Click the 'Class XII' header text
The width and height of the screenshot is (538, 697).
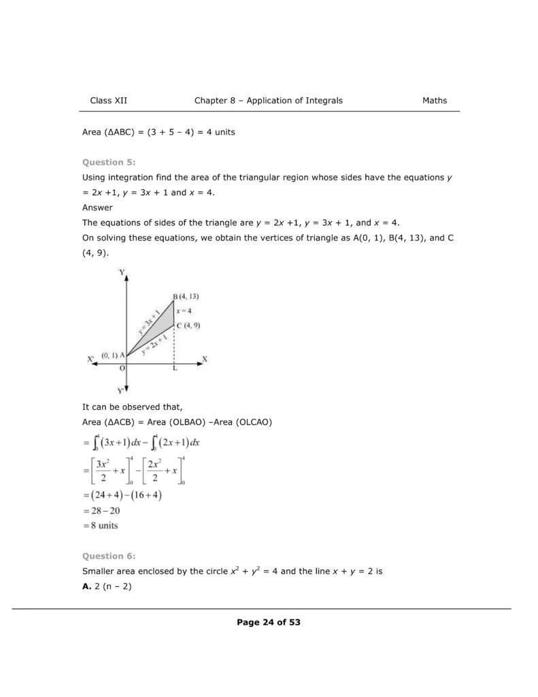click(x=109, y=101)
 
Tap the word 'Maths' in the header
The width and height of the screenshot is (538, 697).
click(x=435, y=101)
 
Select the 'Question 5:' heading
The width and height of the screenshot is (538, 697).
click(x=109, y=162)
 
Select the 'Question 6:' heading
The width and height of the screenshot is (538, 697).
click(x=109, y=556)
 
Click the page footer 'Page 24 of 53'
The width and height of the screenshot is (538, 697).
click(x=269, y=622)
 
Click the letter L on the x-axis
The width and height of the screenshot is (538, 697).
click(x=175, y=368)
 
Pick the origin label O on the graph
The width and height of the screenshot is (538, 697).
click(x=122, y=368)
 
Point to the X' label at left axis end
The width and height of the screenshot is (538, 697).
click(x=91, y=359)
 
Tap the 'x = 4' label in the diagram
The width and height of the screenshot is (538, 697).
click(x=184, y=310)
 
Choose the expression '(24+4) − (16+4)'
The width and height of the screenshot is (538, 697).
click(x=123, y=495)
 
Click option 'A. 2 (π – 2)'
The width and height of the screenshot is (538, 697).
click(x=107, y=585)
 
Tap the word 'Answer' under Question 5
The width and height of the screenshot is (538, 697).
click(x=97, y=208)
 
